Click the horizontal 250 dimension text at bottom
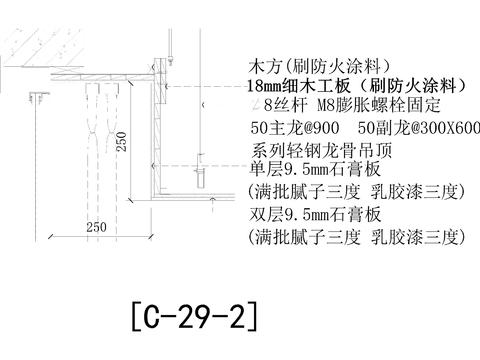pos(96,227)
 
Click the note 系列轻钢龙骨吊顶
pos(316,150)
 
